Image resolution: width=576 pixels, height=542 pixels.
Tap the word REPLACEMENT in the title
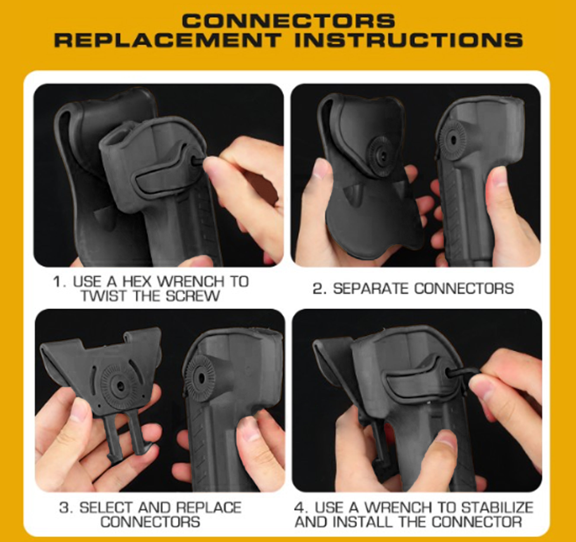(168, 40)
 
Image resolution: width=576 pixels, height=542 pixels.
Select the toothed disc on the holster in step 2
(453, 141)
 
